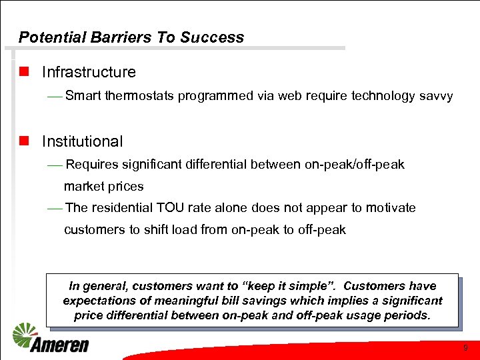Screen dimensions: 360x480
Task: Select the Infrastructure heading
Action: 89,72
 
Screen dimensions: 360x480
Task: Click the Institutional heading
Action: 83,141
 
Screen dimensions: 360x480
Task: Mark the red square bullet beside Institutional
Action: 24,141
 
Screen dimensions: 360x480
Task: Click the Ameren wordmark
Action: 60,345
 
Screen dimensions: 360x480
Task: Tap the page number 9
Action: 465,347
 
